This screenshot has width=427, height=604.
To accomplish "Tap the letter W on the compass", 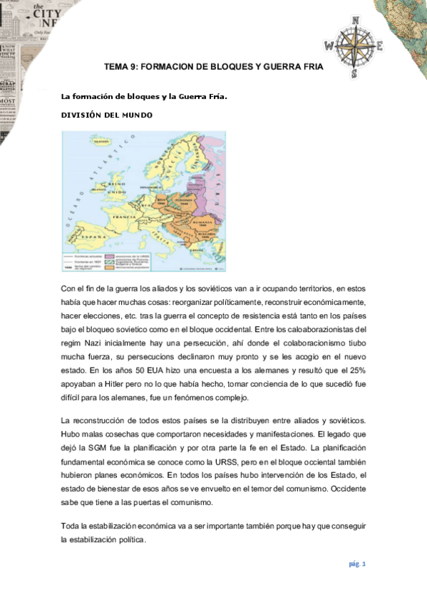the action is [x=329, y=45].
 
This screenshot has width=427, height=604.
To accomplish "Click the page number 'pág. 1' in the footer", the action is [x=357, y=564].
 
